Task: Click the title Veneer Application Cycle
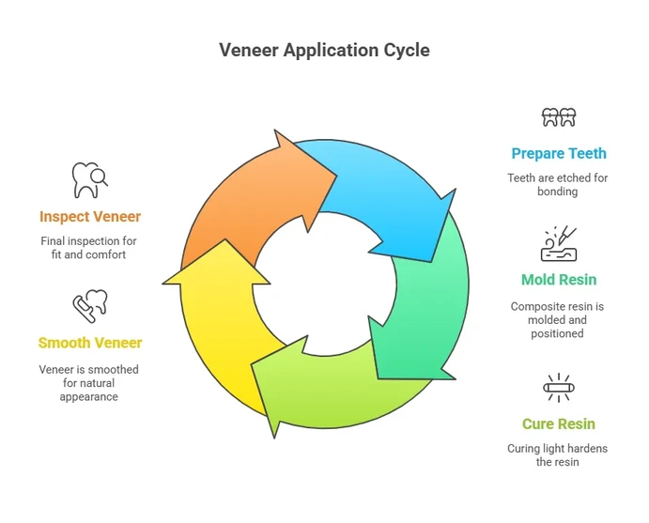point(324,50)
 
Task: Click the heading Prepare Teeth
point(558,153)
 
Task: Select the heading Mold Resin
point(558,279)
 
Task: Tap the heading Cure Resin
point(558,423)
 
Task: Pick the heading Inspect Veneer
point(90,217)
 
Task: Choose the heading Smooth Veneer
point(90,343)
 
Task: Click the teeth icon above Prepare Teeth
point(558,117)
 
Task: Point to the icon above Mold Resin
point(558,243)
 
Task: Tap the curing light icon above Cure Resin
point(558,387)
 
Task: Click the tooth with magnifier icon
point(90,180)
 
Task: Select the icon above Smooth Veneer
point(90,306)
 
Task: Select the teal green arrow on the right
point(423,300)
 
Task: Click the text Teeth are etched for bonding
point(558,184)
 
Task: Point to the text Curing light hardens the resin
point(558,454)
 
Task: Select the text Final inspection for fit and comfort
point(90,248)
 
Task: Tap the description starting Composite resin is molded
point(558,319)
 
